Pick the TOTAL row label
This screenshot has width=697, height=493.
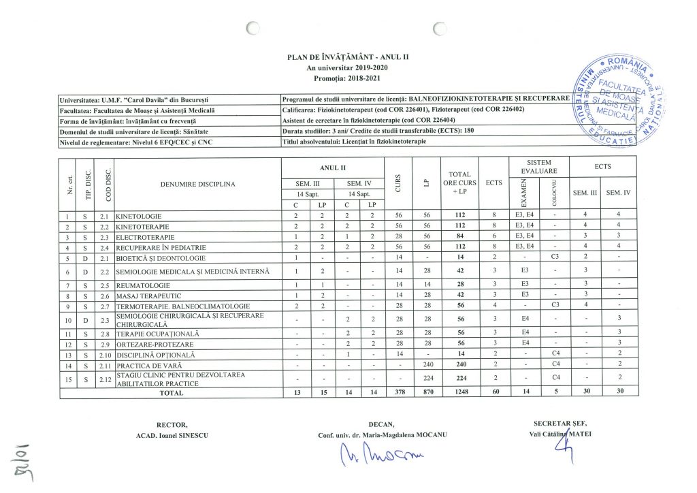tap(171, 392)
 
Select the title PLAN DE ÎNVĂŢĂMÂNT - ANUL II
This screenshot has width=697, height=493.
tap(348, 57)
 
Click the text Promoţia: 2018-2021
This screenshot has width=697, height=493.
tap(348, 78)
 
